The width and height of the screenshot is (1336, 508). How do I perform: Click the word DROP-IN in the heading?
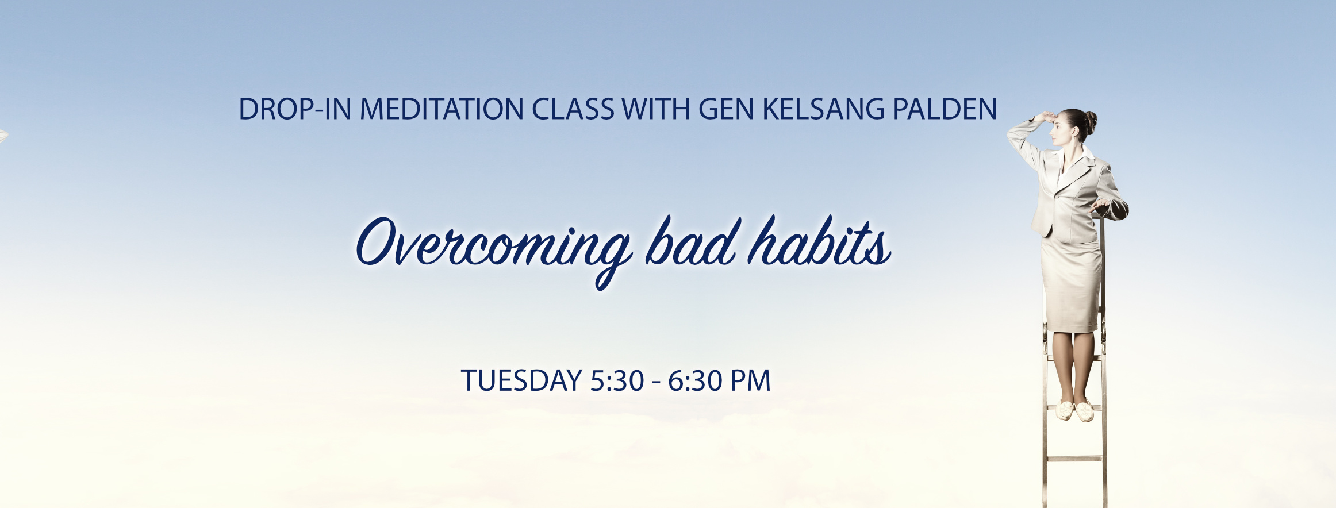coord(294,109)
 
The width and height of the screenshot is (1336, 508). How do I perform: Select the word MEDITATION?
coord(442,109)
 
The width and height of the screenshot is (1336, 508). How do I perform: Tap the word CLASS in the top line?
coord(573,109)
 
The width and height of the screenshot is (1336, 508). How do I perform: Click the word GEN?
coord(726,109)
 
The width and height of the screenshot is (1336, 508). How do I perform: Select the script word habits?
coord(820,241)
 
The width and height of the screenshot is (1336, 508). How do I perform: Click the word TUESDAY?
coord(521,381)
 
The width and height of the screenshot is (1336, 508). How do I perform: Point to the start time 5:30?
coord(617,381)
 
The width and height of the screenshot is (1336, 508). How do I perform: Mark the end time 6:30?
coord(694,381)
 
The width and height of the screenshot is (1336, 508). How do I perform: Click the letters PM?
coord(750,381)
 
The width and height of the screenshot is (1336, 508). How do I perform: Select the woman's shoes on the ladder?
coord(1074,410)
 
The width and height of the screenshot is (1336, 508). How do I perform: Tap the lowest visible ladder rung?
coord(1074,459)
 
